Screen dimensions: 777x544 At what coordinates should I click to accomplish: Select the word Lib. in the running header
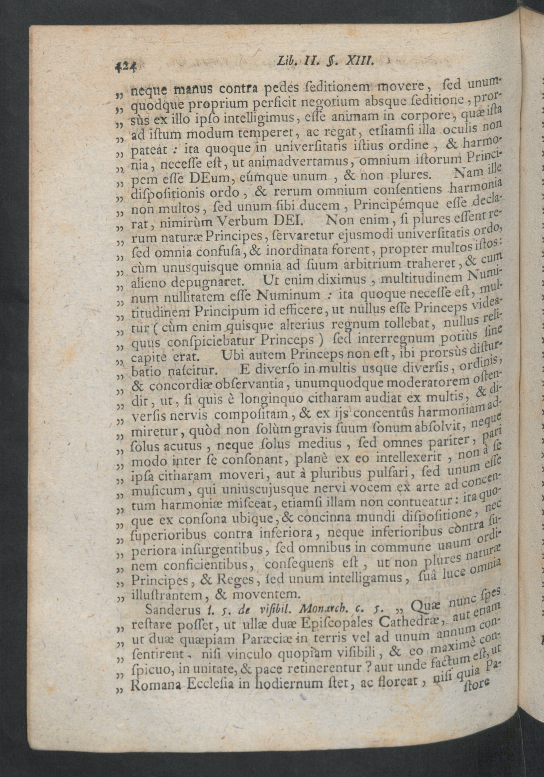click(x=287, y=62)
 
